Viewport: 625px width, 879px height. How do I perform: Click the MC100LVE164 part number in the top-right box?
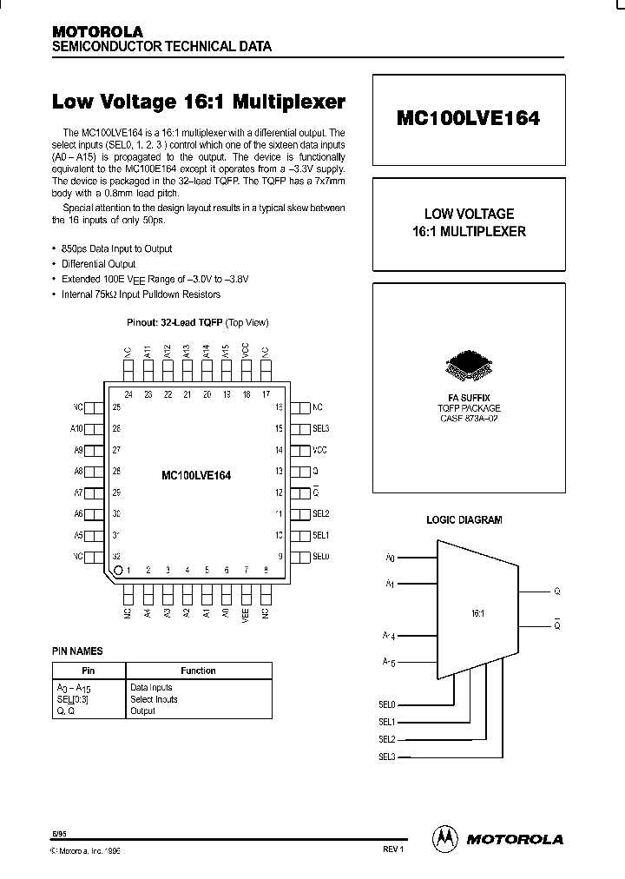click(x=469, y=119)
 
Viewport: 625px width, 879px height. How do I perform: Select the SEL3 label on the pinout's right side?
click(x=321, y=428)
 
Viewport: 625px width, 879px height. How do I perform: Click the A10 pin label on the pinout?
click(x=77, y=428)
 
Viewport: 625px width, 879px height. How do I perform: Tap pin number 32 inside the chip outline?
click(x=116, y=556)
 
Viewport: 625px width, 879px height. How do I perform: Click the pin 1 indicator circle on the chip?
click(x=118, y=570)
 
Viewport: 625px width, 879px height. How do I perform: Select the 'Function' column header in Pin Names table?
click(x=199, y=671)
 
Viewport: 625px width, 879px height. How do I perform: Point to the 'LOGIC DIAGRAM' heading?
click(x=464, y=520)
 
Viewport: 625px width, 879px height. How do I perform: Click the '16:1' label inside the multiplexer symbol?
click(x=477, y=613)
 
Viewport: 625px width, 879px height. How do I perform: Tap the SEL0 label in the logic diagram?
click(x=386, y=704)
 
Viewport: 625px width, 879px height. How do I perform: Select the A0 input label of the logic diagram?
click(x=390, y=558)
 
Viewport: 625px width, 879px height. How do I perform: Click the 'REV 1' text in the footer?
click(x=394, y=849)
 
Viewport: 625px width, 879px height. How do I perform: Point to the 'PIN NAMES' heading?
click(x=77, y=651)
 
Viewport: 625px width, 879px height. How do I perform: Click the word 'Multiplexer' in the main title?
click(x=289, y=102)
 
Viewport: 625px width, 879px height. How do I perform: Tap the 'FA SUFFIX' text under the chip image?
click(x=470, y=397)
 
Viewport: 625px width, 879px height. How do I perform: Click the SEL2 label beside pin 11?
click(x=321, y=514)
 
